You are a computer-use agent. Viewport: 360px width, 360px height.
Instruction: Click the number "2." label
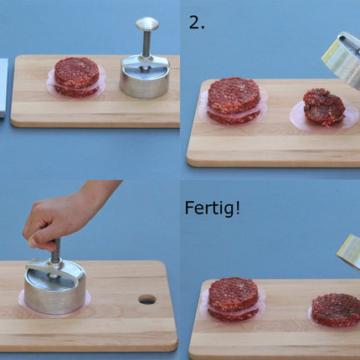(196, 23)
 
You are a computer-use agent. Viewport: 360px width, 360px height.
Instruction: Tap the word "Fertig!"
(212, 207)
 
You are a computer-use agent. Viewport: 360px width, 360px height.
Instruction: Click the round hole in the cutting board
(147, 299)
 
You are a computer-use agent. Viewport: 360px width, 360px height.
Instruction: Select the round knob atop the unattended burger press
(147, 24)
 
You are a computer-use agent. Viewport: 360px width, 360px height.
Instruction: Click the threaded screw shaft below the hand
(56, 252)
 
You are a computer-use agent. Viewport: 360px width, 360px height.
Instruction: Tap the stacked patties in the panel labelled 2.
(233, 100)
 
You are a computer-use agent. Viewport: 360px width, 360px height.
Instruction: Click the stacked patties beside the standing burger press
(76, 76)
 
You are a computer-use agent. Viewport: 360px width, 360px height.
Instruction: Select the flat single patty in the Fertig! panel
(336, 309)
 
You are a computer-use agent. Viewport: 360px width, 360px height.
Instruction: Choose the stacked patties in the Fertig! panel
(233, 299)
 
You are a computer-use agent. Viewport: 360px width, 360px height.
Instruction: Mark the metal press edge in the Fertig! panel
(349, 251)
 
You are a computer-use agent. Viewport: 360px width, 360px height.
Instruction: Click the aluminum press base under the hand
(54, 288)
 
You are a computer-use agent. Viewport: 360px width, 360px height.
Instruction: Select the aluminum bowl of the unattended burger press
(144, 77)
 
